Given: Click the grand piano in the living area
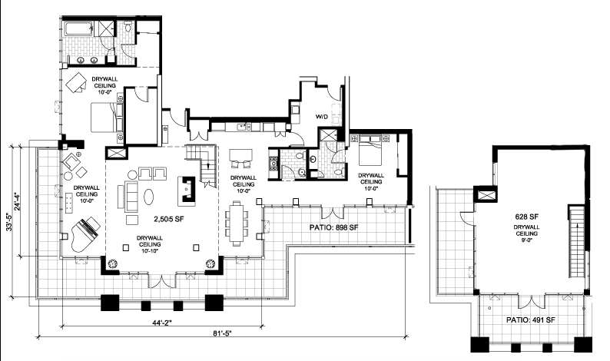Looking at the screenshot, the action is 85,233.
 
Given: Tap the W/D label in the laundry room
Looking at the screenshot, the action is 322,116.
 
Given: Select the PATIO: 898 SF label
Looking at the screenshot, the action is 333,227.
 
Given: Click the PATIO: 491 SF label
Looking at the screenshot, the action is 531,320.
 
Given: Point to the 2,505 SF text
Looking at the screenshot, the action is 169,220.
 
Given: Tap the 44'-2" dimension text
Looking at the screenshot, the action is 162,323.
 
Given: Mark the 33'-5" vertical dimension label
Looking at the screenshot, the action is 10,220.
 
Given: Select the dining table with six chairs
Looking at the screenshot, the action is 237,224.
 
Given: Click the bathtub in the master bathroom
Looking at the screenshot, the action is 78,29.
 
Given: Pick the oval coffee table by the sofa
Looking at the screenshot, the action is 149,197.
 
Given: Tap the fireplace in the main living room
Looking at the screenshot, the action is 187,190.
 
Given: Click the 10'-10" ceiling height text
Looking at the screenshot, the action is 150,251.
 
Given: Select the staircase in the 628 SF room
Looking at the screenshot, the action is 577,242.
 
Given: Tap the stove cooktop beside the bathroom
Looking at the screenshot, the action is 273,164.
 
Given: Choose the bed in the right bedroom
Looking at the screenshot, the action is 370,151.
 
